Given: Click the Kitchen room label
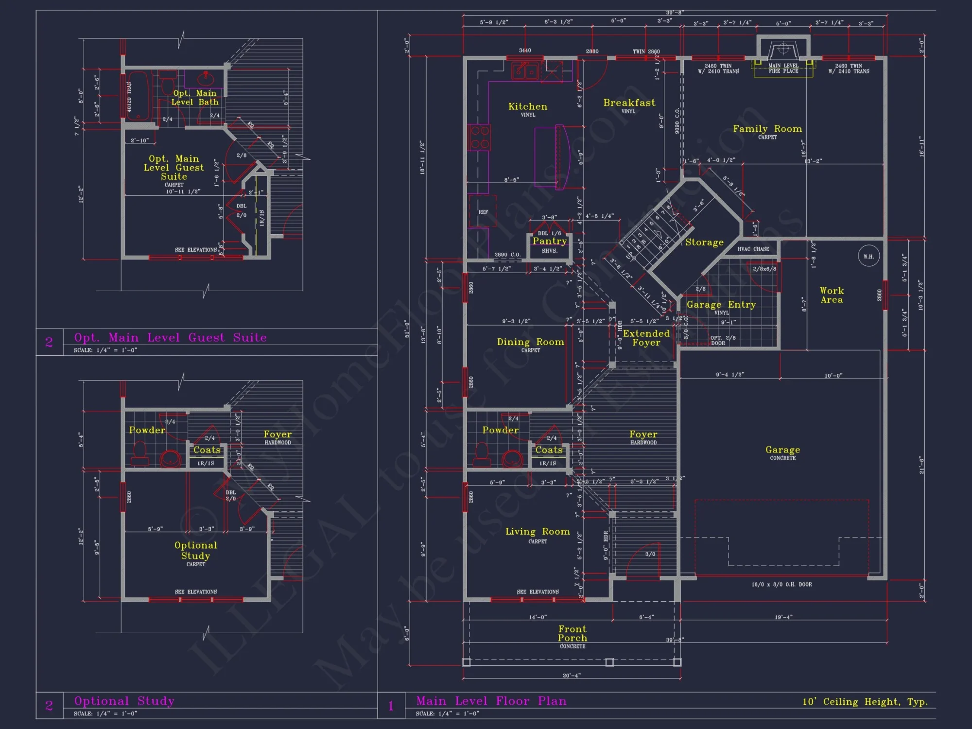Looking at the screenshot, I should (x=528, y=107).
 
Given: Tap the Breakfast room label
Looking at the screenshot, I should (x=629, y=103).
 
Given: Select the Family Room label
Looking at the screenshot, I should (x=767, y=129).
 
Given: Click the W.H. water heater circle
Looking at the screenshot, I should (x=868, y=256).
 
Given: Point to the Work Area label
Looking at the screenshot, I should (x=832, y=295).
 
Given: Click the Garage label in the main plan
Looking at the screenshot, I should (x=782, y=450).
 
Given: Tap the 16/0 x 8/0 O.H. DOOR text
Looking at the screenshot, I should (x=781, y=584).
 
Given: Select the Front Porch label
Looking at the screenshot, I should (x=573, y=633).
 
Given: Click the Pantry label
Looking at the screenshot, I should (x=550, y=241).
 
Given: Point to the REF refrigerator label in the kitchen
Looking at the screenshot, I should (x=483, y=212).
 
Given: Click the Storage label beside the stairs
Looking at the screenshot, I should (x=704, y=242).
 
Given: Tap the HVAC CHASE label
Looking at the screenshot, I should (x=753, y=249).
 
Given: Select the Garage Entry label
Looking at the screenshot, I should (x=721, y=305).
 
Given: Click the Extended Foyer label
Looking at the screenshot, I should (x=646, y=338).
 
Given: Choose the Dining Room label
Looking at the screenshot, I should (x=530, y=342).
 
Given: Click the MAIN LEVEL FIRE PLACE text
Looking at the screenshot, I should (x=783, y=68).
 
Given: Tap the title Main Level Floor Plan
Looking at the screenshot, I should (x=491, y=701).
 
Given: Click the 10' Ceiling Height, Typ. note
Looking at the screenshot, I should (x=865, y=701).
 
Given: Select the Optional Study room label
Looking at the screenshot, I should (x=195, y=550).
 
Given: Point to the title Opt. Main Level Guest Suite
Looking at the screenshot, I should (x=170, y=337).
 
